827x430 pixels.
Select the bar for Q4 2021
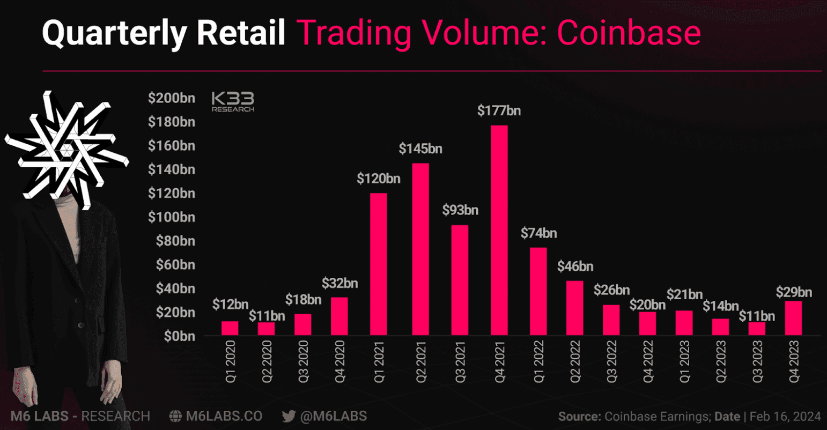(x=499, y=231)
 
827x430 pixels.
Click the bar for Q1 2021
(x=379, y=264)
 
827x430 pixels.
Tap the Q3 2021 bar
(x=460, y=280)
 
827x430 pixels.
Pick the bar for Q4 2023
(x=793, y=318)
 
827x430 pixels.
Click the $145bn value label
(x=420, y=149)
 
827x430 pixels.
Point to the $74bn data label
(x=538, y=233)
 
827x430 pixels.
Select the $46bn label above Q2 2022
(x=575, y=266)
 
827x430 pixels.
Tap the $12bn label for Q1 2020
(x=230, y=305)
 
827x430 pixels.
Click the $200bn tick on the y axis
(x=171, y=98)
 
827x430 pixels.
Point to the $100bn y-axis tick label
(x=171, y=217)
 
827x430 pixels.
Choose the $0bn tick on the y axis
(x=180, y=336)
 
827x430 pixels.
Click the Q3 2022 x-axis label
(x=611, y=362)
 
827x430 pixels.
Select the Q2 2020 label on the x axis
(x=267, y=362)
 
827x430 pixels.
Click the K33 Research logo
(x=233, y=102)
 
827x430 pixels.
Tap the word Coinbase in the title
(x=629, y=33)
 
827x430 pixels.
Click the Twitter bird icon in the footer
(x=289, y=417)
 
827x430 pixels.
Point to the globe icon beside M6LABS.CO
(x=175, y=417)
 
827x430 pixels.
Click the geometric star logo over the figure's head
(x=67, y=150)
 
